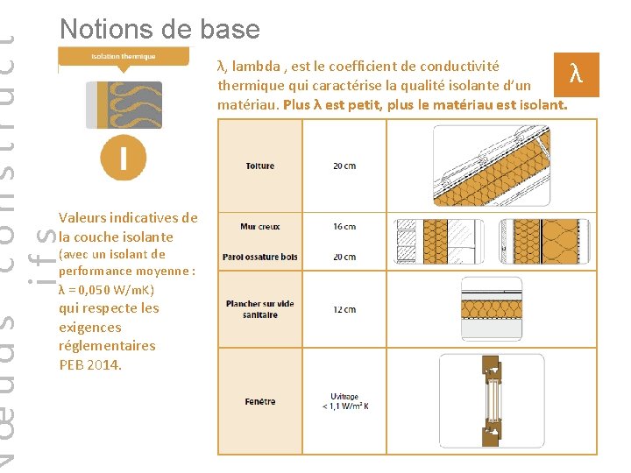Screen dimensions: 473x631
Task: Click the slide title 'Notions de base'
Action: (x=160, y=29)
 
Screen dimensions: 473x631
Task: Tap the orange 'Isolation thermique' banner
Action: (x=124, y=57)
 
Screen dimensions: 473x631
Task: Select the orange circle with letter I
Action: (x=123, y=158)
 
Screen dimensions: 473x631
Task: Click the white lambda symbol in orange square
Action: (x=575, y=74)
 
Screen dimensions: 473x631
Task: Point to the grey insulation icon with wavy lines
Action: (x=124, y=104)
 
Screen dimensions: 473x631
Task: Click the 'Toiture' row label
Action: (x=259, y=166)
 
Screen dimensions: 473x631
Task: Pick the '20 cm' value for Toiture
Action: (x=344, y=166)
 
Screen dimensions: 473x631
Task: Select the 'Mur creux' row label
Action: (x=259, y=227)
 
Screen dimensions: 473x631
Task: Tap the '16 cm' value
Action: (x=344, y=227)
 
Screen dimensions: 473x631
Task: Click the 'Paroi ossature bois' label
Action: (x=259, y=257)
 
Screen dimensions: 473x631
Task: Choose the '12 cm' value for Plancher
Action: (x=344, y=309)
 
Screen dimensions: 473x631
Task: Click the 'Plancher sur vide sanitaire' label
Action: (x=259, y=309)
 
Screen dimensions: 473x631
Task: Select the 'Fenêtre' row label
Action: (x=259, y=402)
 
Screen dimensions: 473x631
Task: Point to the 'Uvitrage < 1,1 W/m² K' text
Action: (x=344, y=401)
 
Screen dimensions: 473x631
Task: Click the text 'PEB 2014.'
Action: (x=90, y=364)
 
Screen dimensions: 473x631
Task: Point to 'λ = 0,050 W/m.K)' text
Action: (x=106, y=290)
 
